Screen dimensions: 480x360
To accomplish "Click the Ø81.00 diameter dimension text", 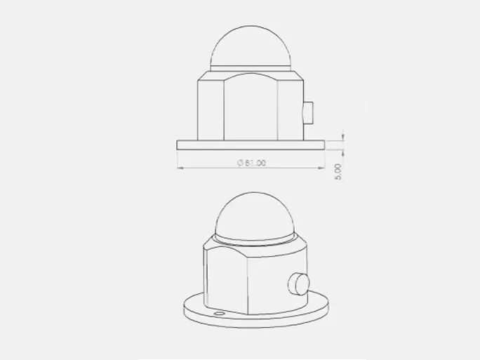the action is click(x=252, y=163).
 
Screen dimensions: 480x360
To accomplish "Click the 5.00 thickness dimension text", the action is click(x=338, y=172).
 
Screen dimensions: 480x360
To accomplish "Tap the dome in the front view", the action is click(x=251, y=46).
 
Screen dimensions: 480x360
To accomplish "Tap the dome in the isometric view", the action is click(x=255, y=213).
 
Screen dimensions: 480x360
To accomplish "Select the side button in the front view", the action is click(x=308, y=113).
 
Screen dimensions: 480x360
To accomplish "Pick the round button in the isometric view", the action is click(x=299, y=284).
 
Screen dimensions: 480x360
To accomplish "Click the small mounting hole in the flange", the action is click(x=219, y=314).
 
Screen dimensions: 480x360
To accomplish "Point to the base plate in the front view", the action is click(x=251, y=145).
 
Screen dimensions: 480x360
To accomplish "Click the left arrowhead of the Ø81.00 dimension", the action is click(x=180, y=168).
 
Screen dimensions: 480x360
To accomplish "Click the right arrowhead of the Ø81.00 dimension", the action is click(x=321, y=168).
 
